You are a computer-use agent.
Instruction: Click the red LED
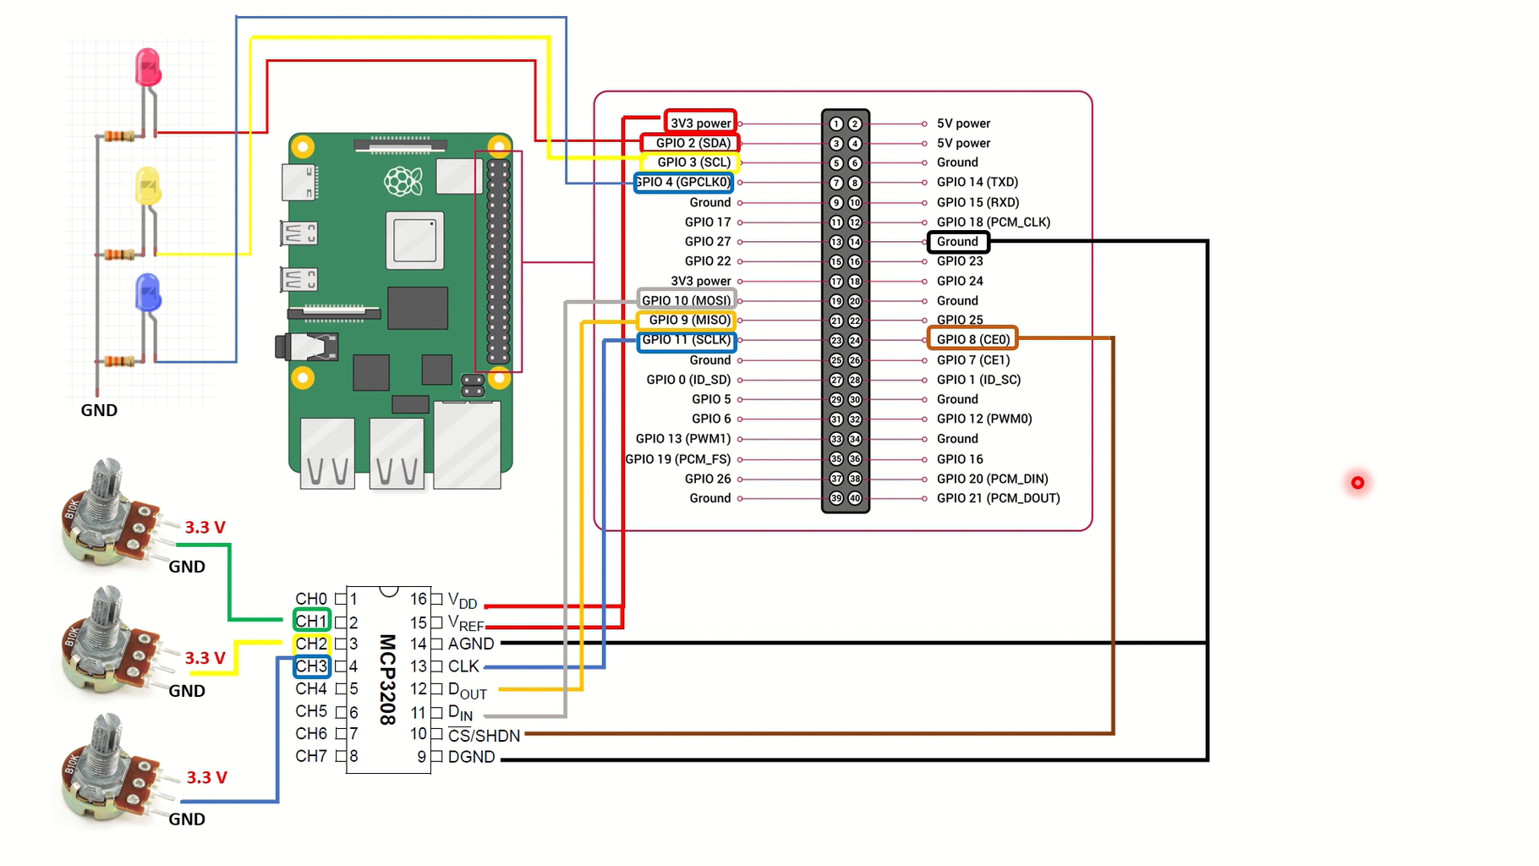click(x=148, y=68)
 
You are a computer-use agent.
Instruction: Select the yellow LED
click(x=148, y=186)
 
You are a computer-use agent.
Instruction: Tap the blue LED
click(x=148, y=293)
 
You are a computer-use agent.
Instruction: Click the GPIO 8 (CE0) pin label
click(x=972, y=339)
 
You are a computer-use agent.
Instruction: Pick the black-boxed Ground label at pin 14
click(x=957, y=242)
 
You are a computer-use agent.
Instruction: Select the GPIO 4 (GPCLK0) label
click(x=684, y=182)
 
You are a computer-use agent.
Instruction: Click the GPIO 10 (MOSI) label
click(x=687, y=300)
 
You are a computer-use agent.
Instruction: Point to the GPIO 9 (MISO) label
click(x=687, y=320)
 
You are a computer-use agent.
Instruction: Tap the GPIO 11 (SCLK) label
click(x=687, y=340)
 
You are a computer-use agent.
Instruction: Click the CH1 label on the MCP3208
click(x=311, y=621)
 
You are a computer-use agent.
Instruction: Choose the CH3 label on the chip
click(x=311, y=666)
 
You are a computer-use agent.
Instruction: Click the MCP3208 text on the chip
click(x=387, y=679)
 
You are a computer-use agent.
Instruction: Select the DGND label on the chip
click(x=471, y=757)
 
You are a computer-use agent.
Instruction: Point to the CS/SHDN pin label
click(x=484, y=736)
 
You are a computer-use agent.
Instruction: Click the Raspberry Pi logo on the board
click(x=403, y=180)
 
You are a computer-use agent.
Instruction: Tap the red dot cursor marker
click(x=1357, y=483)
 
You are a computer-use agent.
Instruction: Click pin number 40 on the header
click(x=855, y=498)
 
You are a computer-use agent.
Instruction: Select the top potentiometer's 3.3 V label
click(x=205, y=528)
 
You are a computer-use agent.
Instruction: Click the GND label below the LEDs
click(x=99, y=410)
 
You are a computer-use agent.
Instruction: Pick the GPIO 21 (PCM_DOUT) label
click(x=998, y=498)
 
